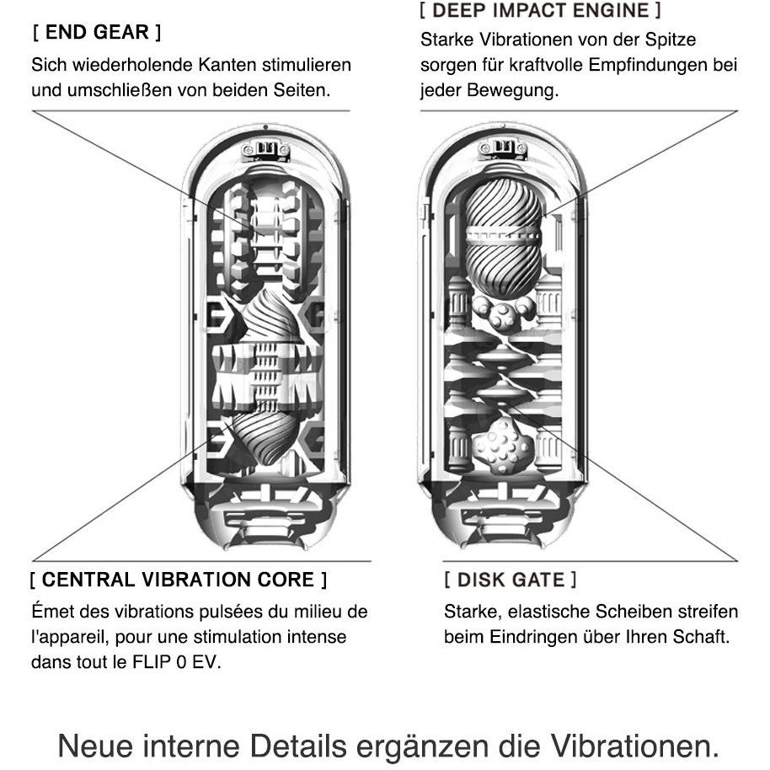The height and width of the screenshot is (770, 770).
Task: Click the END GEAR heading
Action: point(96,33)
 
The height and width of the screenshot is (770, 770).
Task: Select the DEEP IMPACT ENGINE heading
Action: point(539,11)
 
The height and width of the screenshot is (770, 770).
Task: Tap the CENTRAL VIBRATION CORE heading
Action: point(178,580)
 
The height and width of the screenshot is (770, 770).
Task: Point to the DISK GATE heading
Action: point(511,580)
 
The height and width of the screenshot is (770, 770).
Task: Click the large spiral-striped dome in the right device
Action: point(503,236)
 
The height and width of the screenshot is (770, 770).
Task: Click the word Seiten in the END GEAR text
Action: point(298,90)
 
